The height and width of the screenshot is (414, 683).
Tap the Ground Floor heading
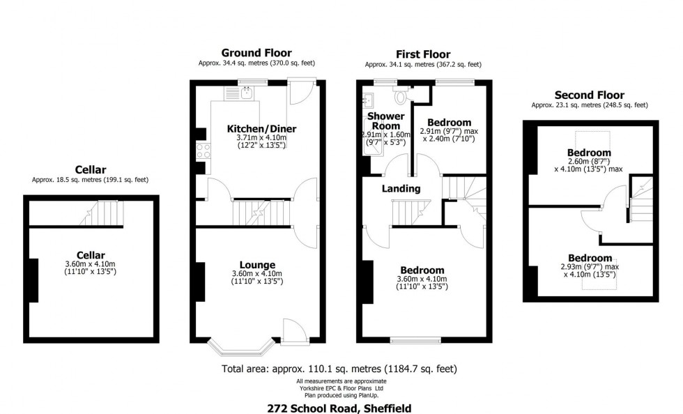point(256,53)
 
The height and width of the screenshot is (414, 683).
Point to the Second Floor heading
point(589,95)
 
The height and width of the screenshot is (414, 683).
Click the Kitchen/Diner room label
point(261,129)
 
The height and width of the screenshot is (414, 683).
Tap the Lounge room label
point(259,265)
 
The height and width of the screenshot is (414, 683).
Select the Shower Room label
point(385,121)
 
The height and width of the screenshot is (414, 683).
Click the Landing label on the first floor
point(401,188)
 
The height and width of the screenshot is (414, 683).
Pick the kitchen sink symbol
point(247,91)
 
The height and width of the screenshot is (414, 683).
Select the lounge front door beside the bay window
point(293,331)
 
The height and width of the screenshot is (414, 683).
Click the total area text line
point(339,369)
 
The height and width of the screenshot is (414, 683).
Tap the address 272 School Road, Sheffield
point(341,408)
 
